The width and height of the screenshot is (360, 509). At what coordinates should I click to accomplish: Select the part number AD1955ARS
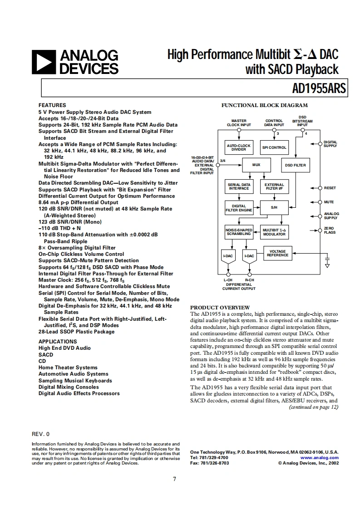click(319, 88)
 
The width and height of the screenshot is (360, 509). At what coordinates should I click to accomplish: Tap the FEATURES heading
click(52, 105)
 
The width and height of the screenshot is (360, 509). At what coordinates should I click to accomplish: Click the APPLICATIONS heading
click(58, 342)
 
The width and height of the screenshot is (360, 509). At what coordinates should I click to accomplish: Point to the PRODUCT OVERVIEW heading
click(220, 308)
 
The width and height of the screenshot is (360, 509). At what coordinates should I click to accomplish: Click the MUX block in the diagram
click(256, 165)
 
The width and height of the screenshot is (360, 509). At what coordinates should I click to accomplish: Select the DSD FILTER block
click(295, 165)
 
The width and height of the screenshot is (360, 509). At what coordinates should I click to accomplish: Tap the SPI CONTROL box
click(274, 147)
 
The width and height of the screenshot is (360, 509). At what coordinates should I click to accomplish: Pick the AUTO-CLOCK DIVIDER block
click(239, 147)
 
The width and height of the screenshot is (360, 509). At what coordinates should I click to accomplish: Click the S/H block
click(274, 207)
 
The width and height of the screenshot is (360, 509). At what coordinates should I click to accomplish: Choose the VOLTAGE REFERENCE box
click(277, 253)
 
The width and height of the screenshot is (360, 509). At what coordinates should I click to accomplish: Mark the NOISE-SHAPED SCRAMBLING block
click(239, 232)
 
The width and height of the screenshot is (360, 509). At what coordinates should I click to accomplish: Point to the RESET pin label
click(330, 188)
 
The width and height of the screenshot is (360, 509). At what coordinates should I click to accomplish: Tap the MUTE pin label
click(329, 202)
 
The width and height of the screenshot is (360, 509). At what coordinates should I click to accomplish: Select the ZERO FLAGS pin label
click(330, 230)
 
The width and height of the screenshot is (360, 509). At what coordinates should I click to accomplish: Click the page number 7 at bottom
click(174, 480)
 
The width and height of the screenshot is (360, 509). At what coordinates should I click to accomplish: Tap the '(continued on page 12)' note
click(314, 407)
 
